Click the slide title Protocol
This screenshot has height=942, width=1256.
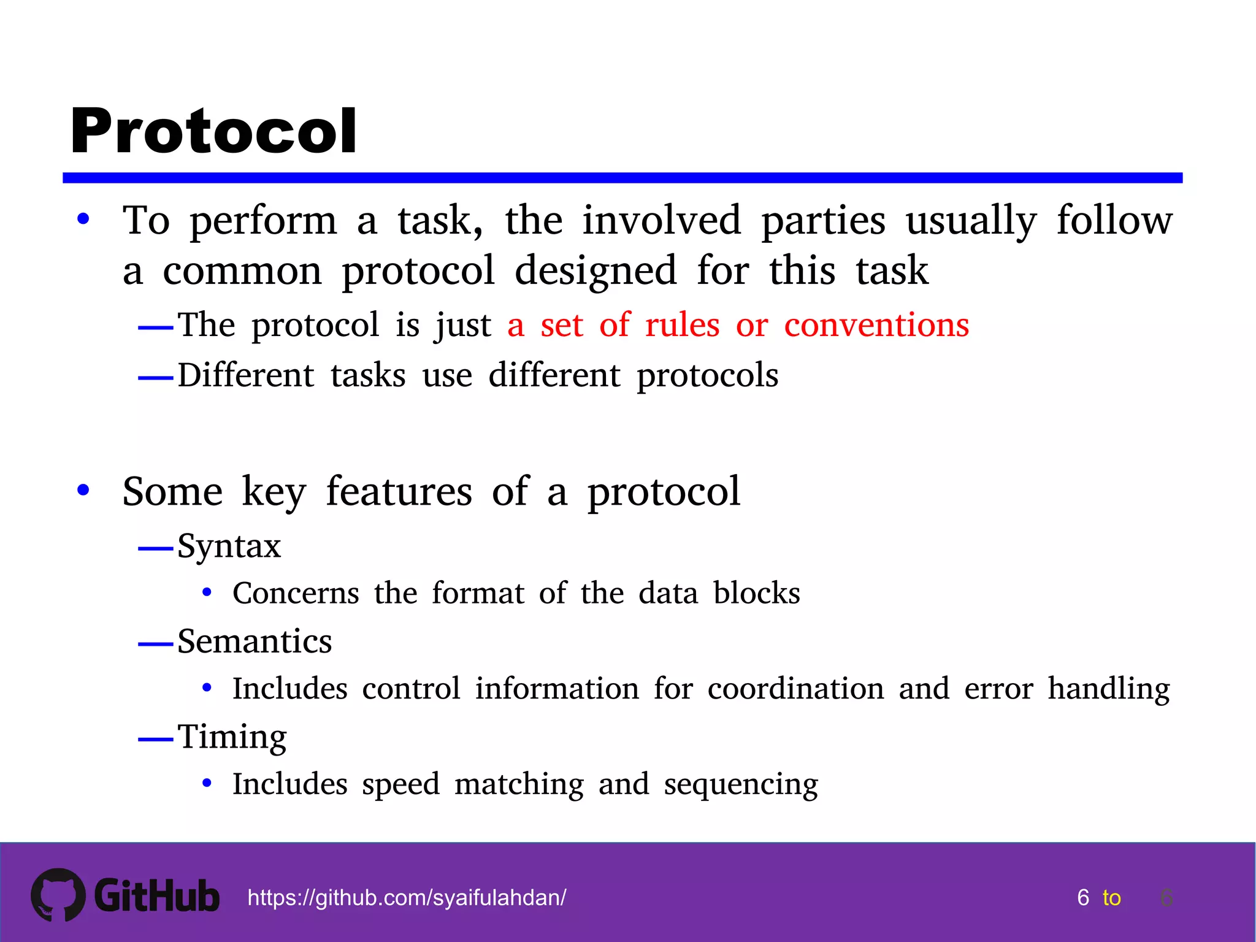pos(213,131)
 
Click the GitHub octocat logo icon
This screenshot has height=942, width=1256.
pos(58,894)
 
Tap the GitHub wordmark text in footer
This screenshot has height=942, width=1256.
pos(157,896)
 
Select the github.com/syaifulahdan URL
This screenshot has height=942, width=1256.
pos(407,898)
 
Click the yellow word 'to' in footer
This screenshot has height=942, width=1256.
pos(1111,898)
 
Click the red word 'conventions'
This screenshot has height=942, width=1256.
pos(876,324)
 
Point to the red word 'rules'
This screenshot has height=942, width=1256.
pos(682,324)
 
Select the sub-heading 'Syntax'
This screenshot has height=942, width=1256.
pos(229,546)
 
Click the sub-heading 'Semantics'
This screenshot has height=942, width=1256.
pos(255,641)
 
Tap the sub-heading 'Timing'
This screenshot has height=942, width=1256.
pos(232,737)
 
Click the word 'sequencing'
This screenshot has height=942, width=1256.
pos(741,784)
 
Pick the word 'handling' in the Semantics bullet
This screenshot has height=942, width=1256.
pos(1108,689)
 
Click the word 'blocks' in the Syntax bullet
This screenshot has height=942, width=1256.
pos(757,593)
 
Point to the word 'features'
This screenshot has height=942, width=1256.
pos(399,491)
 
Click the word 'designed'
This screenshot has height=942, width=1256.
pos(595,270)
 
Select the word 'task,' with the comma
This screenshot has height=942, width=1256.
pos(440,221)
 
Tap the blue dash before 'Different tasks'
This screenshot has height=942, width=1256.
pos(156,378)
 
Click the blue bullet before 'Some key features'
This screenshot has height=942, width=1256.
pos(83,491)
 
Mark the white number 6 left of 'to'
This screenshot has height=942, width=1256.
pos(1083,898)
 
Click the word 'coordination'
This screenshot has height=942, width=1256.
pos(795,689)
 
